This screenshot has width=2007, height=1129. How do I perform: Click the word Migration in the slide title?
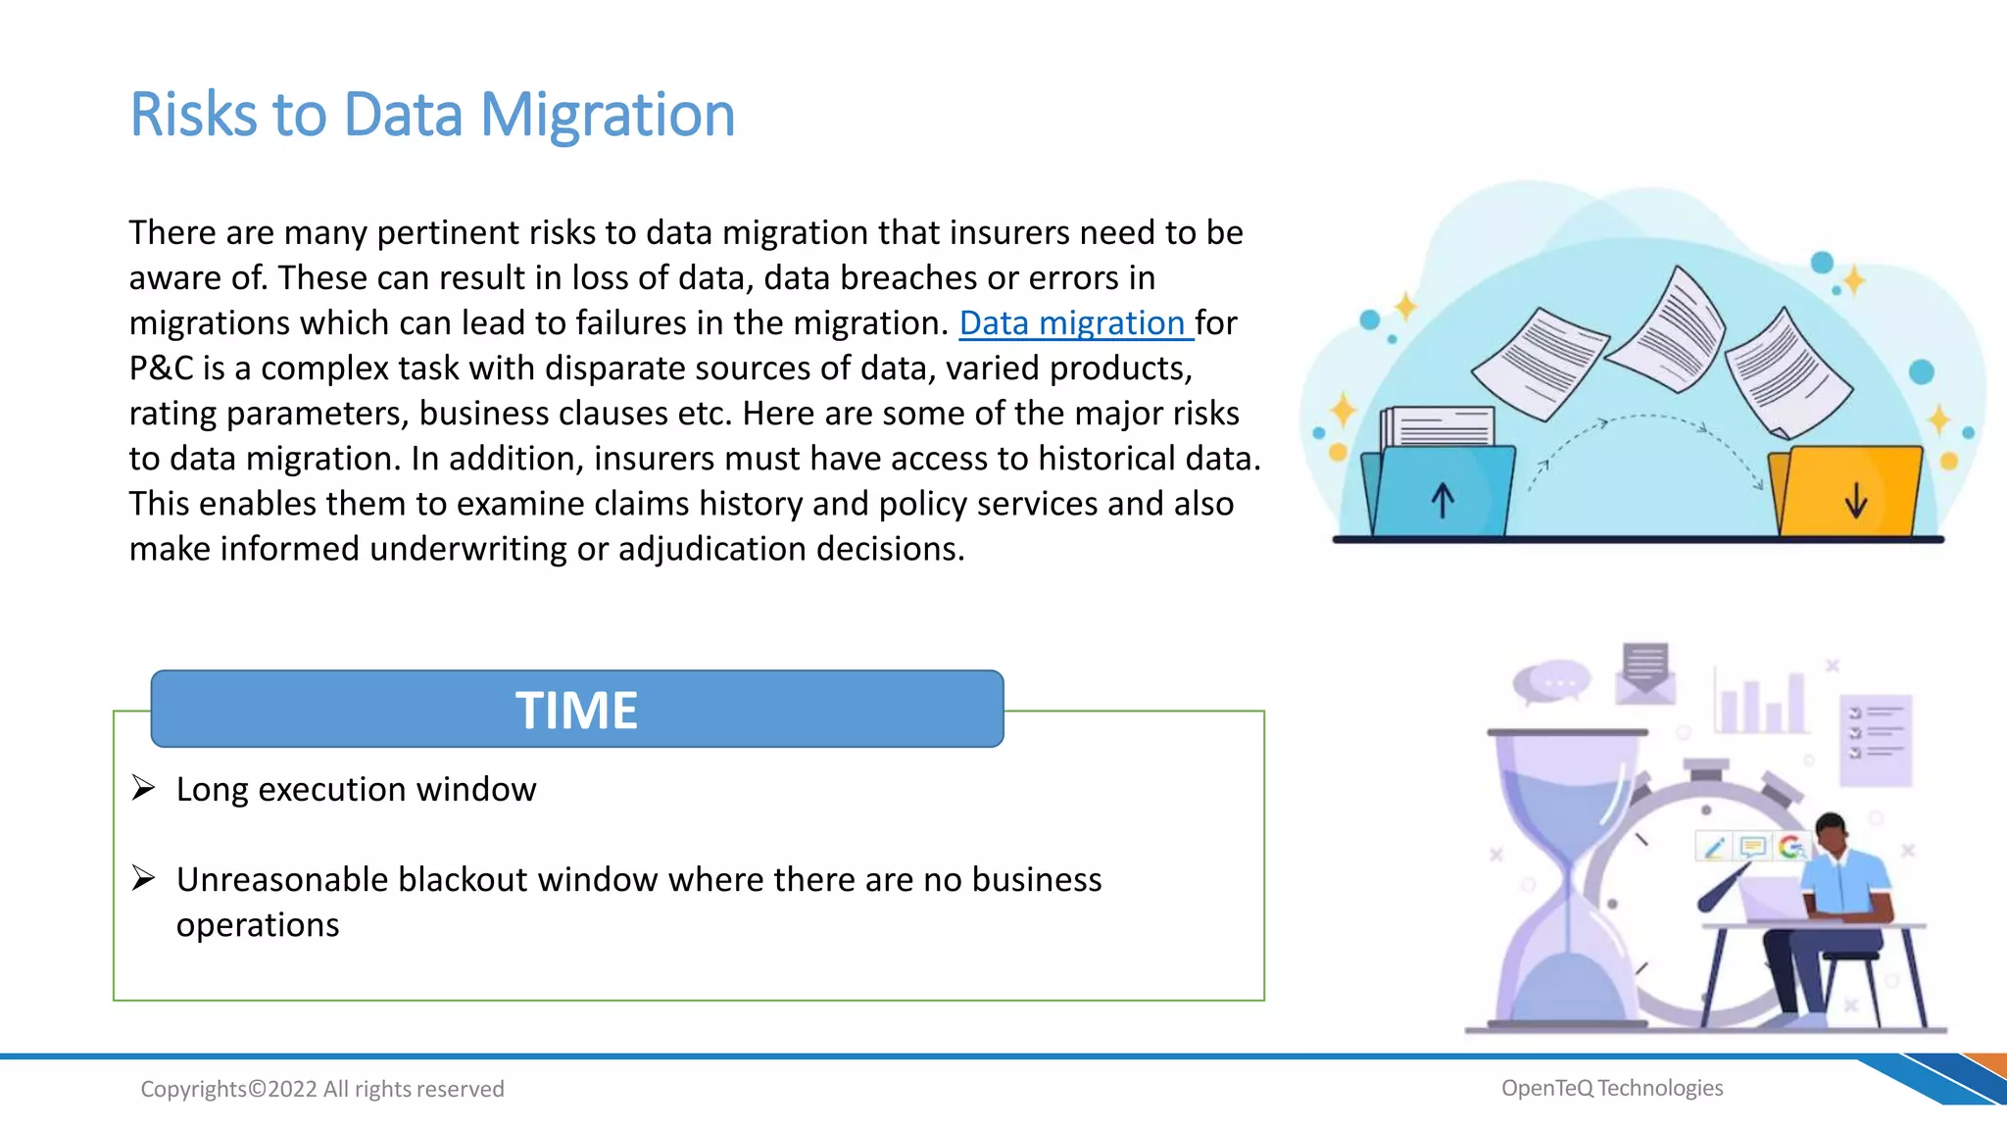[607, 116]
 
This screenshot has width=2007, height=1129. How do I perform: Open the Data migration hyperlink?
[1073, 323]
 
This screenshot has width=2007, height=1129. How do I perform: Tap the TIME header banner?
[576, 710]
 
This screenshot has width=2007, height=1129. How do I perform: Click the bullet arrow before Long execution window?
[143, 788]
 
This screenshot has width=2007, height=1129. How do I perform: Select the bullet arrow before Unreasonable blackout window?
[143, 878]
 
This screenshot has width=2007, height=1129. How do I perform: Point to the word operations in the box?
[258, 925]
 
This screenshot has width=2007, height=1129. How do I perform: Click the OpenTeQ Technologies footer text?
[1612, 1088]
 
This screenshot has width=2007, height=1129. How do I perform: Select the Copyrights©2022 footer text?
[321, 1089]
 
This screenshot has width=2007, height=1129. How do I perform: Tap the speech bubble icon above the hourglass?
[1550, 683]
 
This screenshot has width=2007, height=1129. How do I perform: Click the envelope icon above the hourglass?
[1644, 674]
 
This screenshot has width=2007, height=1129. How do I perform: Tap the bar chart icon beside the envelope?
[1761, 701]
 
